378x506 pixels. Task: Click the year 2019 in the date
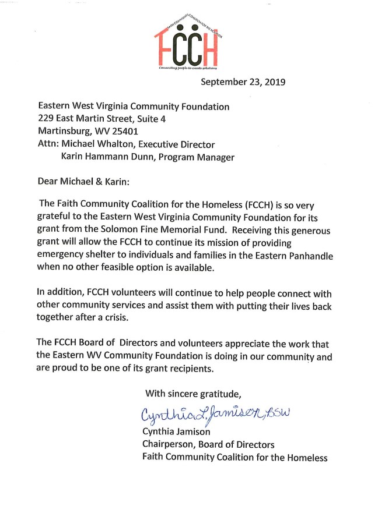[274, 82]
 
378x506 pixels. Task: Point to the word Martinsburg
[64, 132]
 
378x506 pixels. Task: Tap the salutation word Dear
[48, 182]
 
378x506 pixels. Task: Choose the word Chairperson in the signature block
[169, 444]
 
